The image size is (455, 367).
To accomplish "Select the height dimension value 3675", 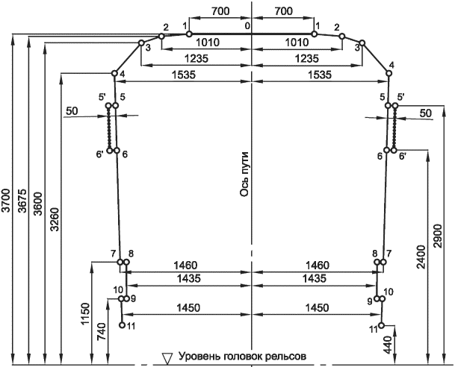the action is click(22, 201).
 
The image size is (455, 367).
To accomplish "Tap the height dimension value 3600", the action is click(38, 204).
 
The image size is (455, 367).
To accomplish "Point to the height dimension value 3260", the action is click(55, 219).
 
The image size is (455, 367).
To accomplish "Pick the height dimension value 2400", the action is click(421, 257).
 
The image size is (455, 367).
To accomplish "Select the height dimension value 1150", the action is click(86, 314).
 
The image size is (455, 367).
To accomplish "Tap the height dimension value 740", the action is click(102, 331).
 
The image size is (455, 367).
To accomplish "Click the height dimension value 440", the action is click(388, 345).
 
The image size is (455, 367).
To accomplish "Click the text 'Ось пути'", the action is click(244, 174).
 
